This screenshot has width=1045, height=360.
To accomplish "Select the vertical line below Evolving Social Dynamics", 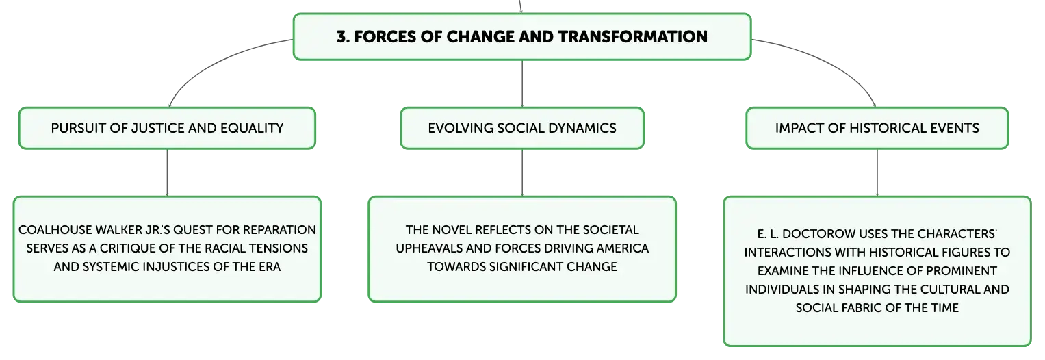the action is click(x=522, y=172).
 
